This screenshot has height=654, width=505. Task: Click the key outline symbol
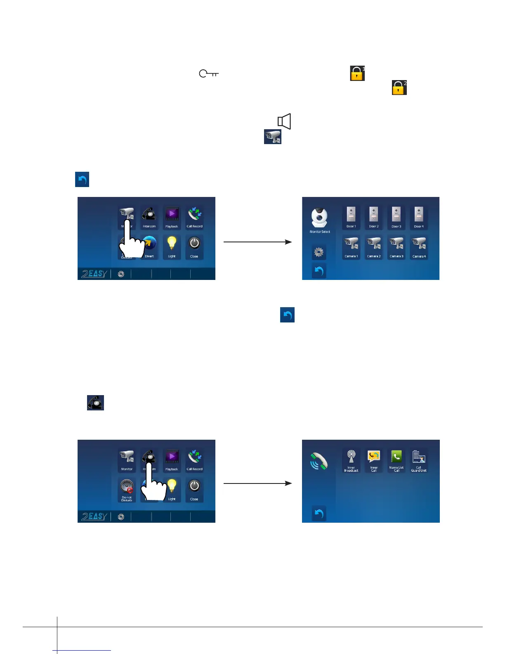208,74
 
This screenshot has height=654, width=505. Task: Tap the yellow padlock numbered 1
357,73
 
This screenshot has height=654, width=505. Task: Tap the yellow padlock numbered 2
399,88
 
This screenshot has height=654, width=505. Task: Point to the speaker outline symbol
284,121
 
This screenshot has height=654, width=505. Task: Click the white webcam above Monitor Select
319,218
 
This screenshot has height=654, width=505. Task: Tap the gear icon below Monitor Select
319,252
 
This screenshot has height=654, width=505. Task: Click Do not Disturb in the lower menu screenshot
127,490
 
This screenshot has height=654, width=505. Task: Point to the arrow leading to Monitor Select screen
257,242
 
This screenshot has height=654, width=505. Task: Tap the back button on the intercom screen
319,514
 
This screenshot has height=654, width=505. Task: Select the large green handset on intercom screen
319,461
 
